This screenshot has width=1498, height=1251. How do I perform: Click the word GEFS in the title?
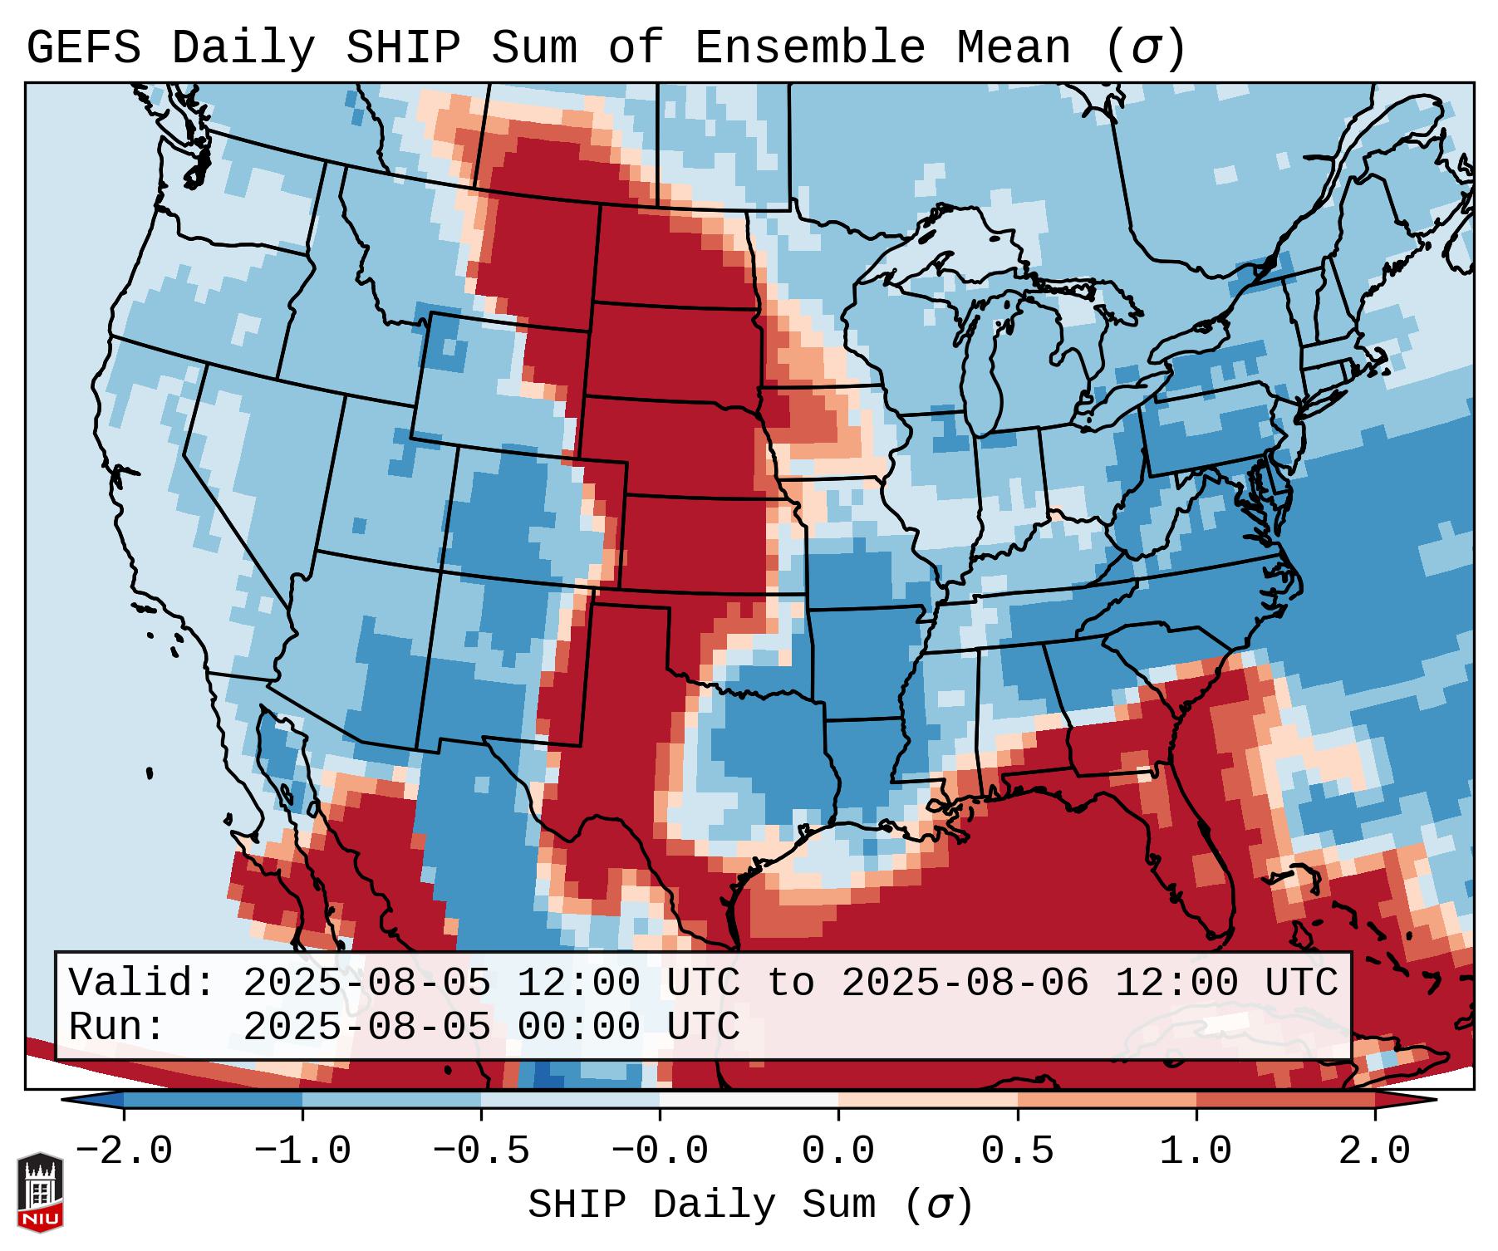83,48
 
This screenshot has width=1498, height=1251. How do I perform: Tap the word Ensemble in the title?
809,48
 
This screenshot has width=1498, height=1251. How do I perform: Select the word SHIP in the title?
402,48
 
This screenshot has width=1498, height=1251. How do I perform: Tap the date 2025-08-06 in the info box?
965,984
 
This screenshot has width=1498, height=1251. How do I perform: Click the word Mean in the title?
1014,48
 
